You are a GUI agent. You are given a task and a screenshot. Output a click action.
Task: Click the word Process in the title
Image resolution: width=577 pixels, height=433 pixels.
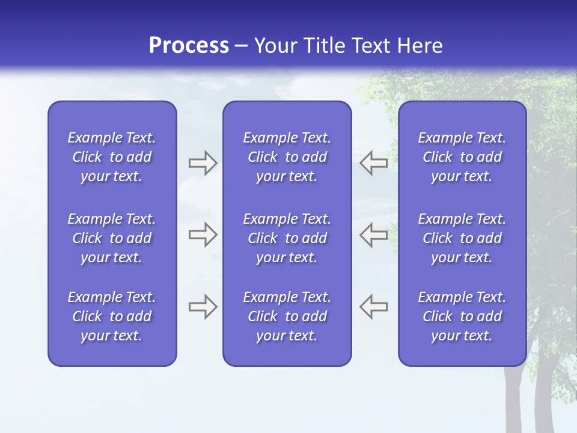(189, 46)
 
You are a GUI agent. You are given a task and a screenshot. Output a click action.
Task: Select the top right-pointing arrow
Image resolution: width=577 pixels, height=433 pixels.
(203, 163)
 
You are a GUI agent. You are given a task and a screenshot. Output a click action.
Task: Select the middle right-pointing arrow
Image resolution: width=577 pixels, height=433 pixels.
(203, 235)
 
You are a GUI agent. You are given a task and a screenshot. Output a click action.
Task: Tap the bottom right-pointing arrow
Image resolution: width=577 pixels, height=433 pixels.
(203, 306)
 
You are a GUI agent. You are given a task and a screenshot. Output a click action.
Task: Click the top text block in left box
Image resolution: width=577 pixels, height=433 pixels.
(112, 157)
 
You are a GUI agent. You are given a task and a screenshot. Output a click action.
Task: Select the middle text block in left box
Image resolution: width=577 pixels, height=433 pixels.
(112, 238)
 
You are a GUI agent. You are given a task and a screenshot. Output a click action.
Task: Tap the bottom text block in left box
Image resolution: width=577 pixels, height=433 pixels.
(112, 316)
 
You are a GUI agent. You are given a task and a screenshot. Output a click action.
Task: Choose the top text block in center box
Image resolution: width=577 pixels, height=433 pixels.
(287, 157)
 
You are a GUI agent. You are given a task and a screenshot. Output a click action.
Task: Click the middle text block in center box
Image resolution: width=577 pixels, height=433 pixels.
(287, 238)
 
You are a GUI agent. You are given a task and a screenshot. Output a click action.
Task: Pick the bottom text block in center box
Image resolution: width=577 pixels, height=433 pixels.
(287, 316)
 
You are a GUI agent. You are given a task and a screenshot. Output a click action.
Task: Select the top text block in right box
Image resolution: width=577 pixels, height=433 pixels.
(462, 157)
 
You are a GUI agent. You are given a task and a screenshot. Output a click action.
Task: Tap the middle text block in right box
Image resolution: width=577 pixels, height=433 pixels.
(462, 238)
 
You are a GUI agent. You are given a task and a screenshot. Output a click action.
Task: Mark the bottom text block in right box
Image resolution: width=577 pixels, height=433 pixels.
(462, 316)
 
